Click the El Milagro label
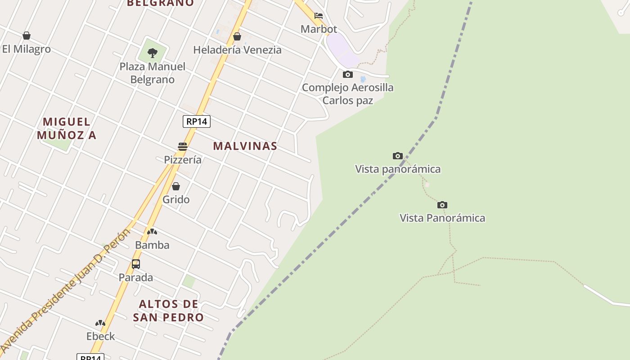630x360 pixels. pyautogui.click(x=26, y=49)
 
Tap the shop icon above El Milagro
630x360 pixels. pyautogui.click(x=27, y=36)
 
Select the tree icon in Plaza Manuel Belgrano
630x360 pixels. pyautogui.click(x=153, y=53)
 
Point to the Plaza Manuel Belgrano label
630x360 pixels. pyautogui.click(x=152, y=73)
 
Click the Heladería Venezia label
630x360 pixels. pyautogui.click(x=237, y=50)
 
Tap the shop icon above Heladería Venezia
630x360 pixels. pyautogui.click(x=237, y=36)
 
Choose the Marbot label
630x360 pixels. pyautogui.click(x=319, y=29)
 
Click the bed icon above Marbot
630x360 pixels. pyautogui.click(x=319, y=16)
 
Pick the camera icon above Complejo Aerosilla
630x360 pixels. pyautogui.click(x=347, y=74)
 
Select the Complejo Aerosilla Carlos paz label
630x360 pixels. pyautogui.click(x=347, y=94)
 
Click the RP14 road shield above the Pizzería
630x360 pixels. pyautogui.click(x=197, y=121)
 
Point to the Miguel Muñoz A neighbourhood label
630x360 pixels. pyautogui.click(x=67, y=128)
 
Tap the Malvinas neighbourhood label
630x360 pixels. pyautogui.click(x=245, y=146)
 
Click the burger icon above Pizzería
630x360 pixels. pyautogui.click(x=182, y=146)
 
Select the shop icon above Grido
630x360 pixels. pyautogui.click(x=176, y=186)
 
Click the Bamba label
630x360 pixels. pyautogui.click(x=152, y=245)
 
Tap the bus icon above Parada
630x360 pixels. pyautogui.click(x=136, y=264)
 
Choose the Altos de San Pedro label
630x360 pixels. pyautogui.click(x=168, y=310)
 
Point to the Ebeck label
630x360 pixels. pyautogui.click(x=100, y=336)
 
